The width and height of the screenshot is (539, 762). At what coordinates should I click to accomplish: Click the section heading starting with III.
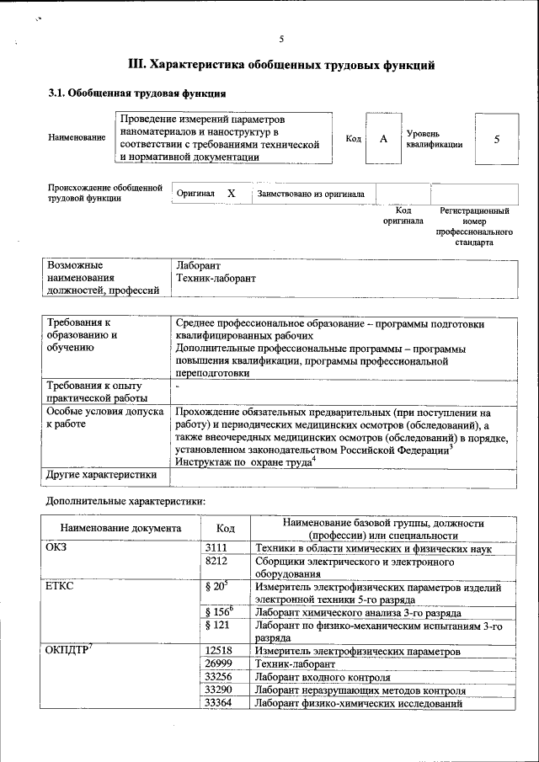[280, 64]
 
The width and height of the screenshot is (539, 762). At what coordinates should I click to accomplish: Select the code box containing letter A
[382, 139]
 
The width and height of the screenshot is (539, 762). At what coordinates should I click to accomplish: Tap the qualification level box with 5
[496, 139]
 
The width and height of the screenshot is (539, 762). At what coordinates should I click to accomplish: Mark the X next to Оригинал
[231, 194]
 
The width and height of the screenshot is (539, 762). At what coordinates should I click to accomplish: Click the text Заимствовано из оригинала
[311, 194]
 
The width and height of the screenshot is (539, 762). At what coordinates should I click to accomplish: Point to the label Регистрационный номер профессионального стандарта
[475, 226]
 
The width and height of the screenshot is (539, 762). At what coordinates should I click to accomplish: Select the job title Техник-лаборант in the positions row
[216, 277]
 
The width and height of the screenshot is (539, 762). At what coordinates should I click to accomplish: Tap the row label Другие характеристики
[102, 474]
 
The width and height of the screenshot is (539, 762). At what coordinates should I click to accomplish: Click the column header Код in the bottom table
[225, 529]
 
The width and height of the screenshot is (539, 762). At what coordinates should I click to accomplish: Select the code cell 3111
[216, 548]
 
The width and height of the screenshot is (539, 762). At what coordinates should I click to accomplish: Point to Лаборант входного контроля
[323, 677]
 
